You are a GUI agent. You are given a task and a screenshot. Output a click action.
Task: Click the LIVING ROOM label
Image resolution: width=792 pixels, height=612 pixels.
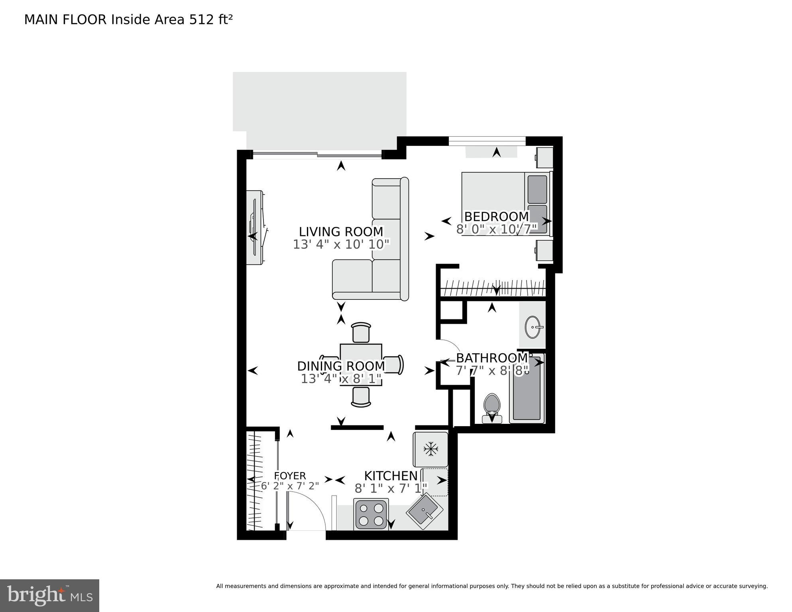tap(341, 232)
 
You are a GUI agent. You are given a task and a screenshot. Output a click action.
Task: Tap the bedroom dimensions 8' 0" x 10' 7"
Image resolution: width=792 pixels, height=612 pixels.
tap(497, 229)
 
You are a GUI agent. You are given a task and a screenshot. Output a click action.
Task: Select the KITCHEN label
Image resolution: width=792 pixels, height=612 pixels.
tap(391, 476)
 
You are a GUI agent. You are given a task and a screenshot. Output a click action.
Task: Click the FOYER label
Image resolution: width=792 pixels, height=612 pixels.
tap(290, 476)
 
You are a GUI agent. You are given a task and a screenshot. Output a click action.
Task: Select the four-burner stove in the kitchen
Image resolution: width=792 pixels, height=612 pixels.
tap(371, 514)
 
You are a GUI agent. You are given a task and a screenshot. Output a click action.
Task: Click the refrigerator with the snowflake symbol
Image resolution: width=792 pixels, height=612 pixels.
tap(431, 449)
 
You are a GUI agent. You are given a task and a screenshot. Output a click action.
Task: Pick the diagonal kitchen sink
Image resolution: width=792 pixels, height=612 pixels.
tap(425, 511)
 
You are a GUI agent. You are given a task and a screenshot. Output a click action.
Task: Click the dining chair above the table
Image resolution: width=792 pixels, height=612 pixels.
tap(361, 332)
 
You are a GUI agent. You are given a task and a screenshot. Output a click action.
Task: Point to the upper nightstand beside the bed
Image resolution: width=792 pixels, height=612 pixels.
tap(544, 157)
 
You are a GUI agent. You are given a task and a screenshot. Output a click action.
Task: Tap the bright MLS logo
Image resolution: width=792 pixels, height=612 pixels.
tap(49, 595)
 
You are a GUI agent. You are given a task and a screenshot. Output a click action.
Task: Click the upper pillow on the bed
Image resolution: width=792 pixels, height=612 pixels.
tap(537, 189)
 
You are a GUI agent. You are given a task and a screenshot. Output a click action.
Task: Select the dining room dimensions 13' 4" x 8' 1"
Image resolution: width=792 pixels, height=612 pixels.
tap(341, 378)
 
